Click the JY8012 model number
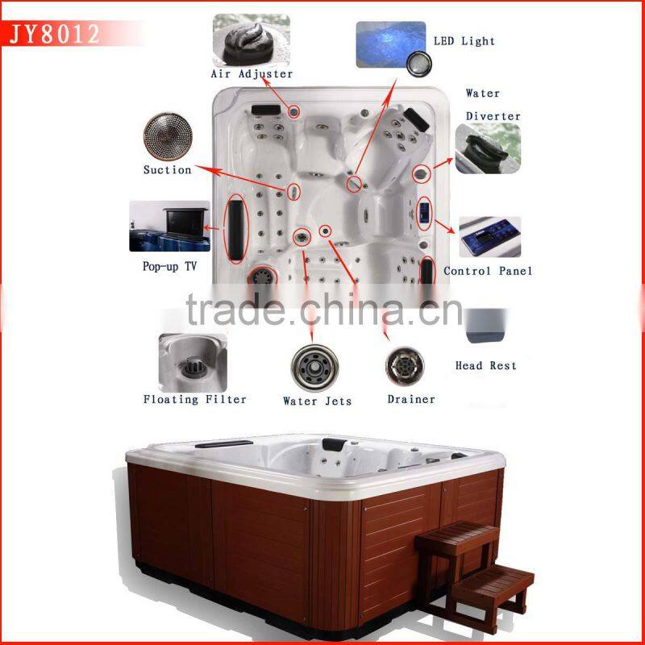tap(55, 33)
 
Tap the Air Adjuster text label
tap(252, 74)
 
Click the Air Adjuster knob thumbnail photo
tap(251, 40)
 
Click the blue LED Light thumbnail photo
tap(389, 44)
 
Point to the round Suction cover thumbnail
tap(167, 135)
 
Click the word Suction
tap(167, 170)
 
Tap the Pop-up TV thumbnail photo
tap(169, 227)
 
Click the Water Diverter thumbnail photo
tap(486, 149)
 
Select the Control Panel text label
tap(488, 271)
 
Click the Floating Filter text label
tap(194, 399)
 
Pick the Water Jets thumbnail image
tap(314, 367)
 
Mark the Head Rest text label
tap(485, 365)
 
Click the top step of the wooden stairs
tap(458, 535)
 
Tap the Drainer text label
tap(410, 399)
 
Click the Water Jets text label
tap(317, 401)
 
